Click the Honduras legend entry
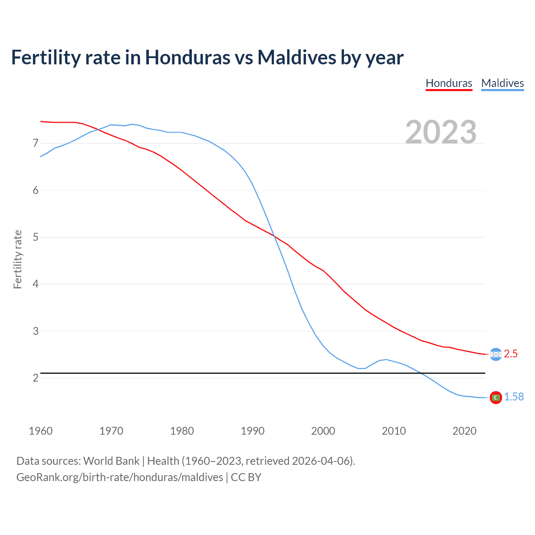point(449,83)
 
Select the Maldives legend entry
point(502,83)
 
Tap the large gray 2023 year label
point(441,132)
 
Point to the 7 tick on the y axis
point(36,143)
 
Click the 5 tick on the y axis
point(36,237)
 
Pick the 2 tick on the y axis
point(36,378)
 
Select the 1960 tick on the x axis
point(41,431)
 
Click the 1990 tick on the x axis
point(252,431)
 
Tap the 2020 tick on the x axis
point(464,431)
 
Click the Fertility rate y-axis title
point(18,259)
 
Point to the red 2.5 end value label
point(511,354)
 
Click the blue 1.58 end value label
point(514,397)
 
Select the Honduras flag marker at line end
point(496,354)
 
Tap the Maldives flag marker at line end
point(496,397)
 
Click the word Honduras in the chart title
point(187,57)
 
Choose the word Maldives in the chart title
point(296,57)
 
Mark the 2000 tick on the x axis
point(323,431)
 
